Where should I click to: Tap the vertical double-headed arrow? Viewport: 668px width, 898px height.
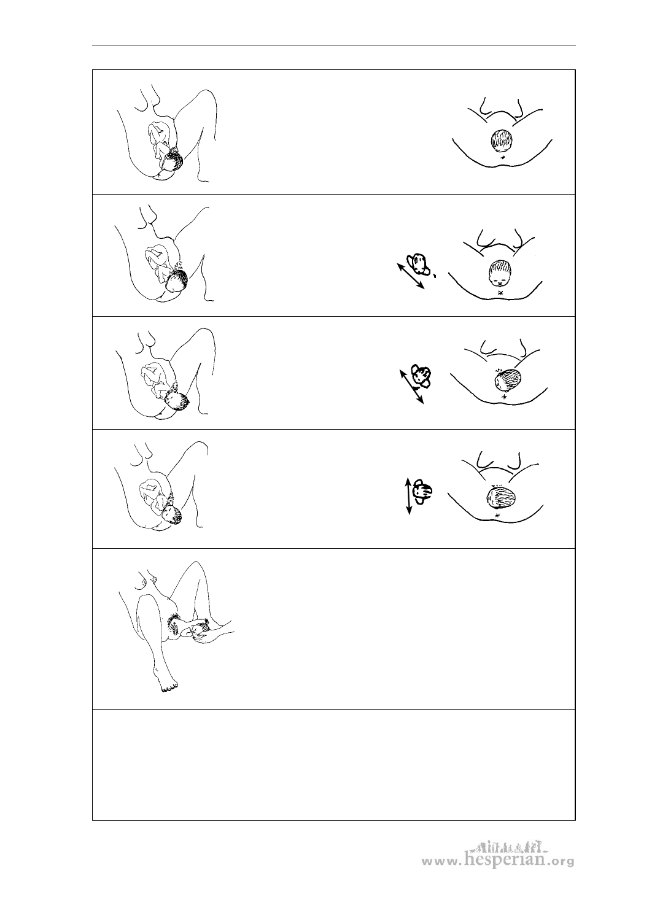point(408,496)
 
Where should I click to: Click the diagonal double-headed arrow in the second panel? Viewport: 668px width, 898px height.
point(410,276)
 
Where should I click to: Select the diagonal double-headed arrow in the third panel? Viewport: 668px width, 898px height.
point(411,387)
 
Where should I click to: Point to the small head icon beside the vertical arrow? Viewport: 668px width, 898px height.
point(422,492)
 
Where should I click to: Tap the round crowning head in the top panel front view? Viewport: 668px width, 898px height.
point(502,141)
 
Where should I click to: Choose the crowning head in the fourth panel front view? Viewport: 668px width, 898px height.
point(501,497)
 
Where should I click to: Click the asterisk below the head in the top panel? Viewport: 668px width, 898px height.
point(503,157)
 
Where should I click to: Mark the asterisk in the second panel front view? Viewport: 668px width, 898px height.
point(500,292)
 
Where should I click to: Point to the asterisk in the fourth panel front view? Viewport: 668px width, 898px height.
point(497,515)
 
